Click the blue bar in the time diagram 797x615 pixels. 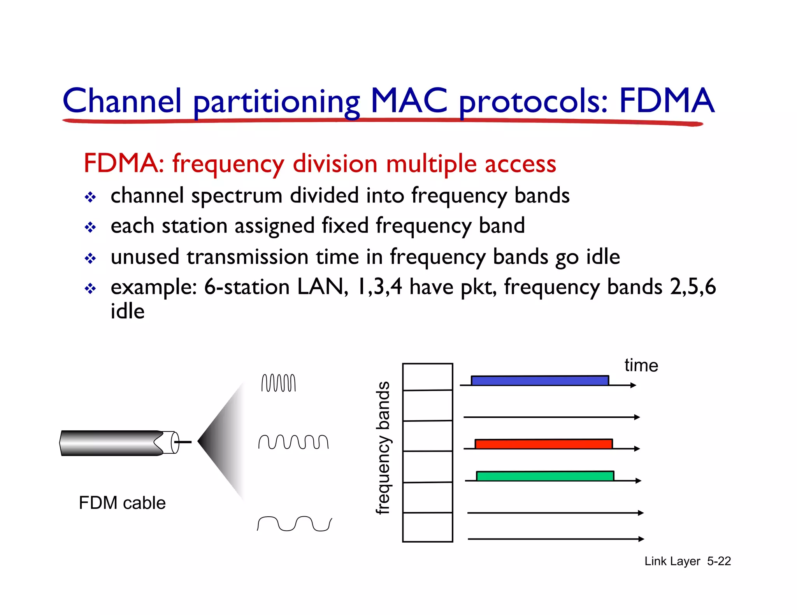pyautogui.click(x=540, y=380)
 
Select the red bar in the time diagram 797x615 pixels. pyautogui.click(x=544, y=444)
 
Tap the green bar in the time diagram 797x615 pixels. pyautogui.click(x=545, y=476)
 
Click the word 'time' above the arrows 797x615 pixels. pyautogui.click(x=641, y=365)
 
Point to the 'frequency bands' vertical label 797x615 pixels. pyautogui.click(x=383, y=447)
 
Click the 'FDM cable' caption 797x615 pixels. pyautogui.click(x=122, y=503)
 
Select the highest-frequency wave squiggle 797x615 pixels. pyautogui.click(x=278, y=383)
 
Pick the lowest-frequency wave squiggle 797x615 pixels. pyautogui.click(x=294, y=524)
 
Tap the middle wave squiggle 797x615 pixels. pyautogui.click(x=293, y=442)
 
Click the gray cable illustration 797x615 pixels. pyautogui.click(x=113, y=443)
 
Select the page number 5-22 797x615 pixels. pyautogui.click(x=719, y=561)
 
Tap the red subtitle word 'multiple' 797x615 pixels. pyautogui.click(x=431, y=163)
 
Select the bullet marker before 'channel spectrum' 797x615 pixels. pyautogui.click(x=90, y=197)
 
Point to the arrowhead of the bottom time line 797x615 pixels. pyautogui.click(x=641, y=539)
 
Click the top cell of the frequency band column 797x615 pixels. pyautogui.click(x=427, y=377)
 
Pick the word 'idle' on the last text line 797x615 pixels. pyautogui.click(x=127, y=311)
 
